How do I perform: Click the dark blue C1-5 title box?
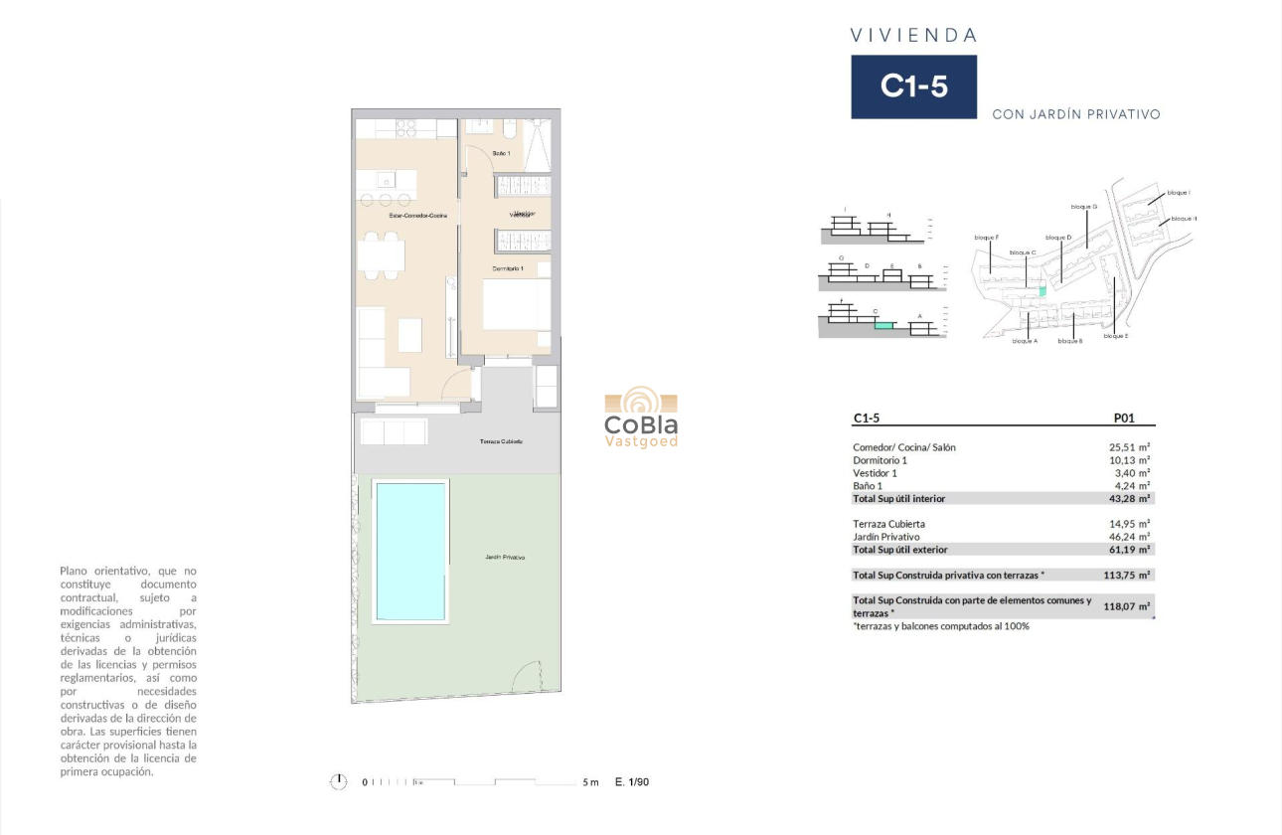pos(913,86)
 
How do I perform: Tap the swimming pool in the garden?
pos(409,551)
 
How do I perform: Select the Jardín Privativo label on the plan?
pos(505,558)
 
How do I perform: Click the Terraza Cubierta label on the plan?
pos(501,441)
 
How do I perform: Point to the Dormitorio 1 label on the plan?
pos(508,268)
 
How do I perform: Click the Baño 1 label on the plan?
pos(501,153)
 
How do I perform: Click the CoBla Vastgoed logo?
pos(641,418)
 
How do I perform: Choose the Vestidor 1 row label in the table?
pos(877,473)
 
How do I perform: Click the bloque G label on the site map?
pos(1083,207)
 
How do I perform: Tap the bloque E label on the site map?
pos(1115,336)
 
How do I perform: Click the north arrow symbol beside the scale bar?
pos(339,782)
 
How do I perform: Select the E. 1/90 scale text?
pos(632,782)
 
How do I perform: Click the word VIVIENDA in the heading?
pos(913,36)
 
